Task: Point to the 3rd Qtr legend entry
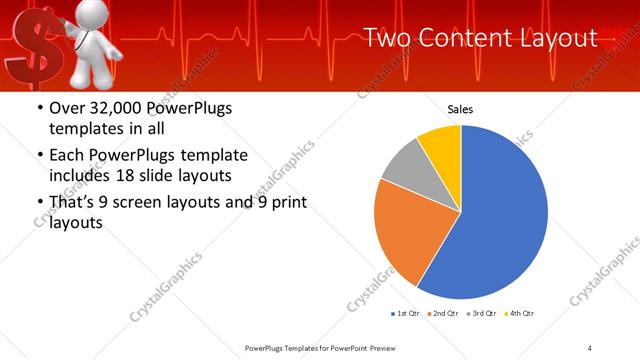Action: (x=482, y=314)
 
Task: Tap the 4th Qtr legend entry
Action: (x=518, y=314)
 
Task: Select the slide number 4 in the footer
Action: (x=590, y=347)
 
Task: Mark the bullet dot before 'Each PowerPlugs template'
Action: (x=38, y=156)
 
